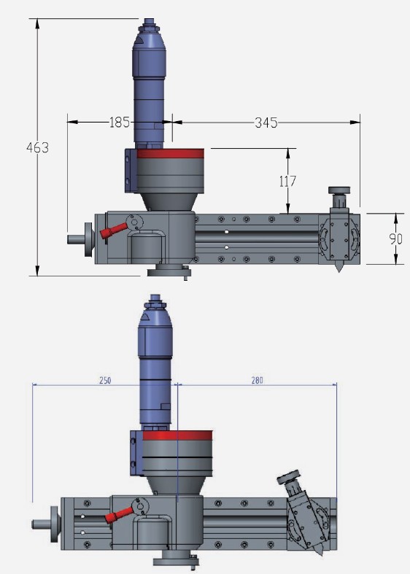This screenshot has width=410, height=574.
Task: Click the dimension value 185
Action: click(x=120, y=123)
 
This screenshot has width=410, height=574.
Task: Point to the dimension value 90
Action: click(x=395, y=238)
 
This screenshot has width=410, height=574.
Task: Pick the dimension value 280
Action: click(x=258, y=381)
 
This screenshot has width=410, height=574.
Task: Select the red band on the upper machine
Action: click(x=171, y=153)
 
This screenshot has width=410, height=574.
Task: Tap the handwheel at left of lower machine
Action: click(x=53, y=524)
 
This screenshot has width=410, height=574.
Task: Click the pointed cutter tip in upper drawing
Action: click(x=339, y=268)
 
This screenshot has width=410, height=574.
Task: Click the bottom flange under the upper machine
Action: click(x=169, y=272)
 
